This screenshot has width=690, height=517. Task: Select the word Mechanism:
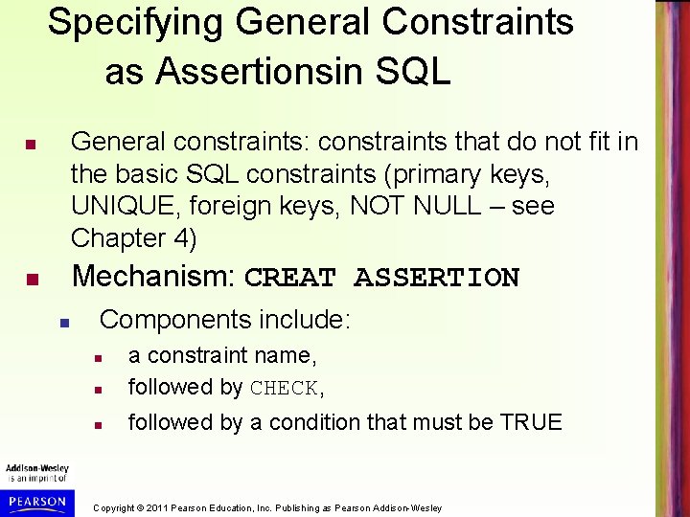click(153, 277)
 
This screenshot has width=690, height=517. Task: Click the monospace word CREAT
click(291, 279)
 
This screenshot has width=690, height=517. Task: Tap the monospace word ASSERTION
click(436, 279)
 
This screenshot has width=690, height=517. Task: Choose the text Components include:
click(225, 319)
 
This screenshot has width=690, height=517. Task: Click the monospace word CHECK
click(284, 389)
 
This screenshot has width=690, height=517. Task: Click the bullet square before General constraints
click(31, 146)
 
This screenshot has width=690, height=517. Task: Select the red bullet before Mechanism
click(31, 281)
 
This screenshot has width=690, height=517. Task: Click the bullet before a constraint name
click(98, 358)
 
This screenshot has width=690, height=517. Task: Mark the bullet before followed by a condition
click(98, 424)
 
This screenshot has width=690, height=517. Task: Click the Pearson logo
click(35, 501)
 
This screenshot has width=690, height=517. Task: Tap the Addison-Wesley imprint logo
click(36, 472)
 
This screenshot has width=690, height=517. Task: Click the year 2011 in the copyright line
click(165, 507)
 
